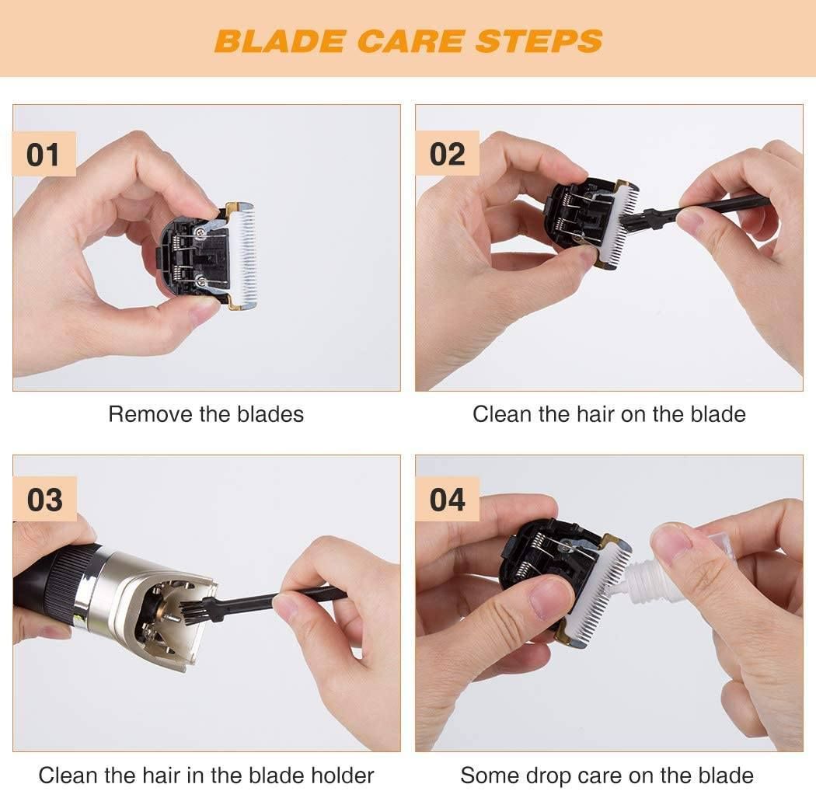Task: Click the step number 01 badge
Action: click(x=44, y=154)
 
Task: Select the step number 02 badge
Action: click(x=447, y=154)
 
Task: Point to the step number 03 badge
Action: click(x=44, y=500)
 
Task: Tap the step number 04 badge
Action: click(x=448, y=500)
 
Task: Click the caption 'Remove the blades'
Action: click(x=206, y=414)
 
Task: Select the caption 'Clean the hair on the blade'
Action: click(x=609, y=414)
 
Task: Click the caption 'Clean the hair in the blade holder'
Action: click(x=206, y=775)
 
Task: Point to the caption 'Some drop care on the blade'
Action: click(x=607, y=775)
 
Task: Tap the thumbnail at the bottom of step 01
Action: click(x=204, y=312)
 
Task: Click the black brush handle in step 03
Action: click(x=288, y=598)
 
